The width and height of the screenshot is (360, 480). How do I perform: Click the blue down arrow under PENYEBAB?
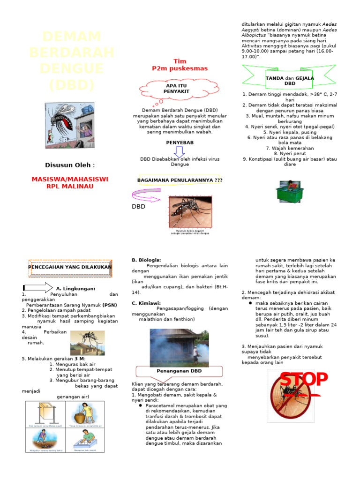coord(179,152)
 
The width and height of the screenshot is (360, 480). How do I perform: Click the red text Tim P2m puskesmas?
coord(180,65)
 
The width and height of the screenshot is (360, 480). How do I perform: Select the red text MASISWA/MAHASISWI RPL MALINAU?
coord(69,183)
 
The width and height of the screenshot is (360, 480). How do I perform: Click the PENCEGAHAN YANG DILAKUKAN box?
coord(70,267)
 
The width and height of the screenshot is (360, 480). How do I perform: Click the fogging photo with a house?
coord(179,347)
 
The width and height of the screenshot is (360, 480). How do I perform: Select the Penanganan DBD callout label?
coord(180,371)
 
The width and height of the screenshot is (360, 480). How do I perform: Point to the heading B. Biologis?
coord(146,260)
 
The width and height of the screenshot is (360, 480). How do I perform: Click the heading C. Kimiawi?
coord(146,303)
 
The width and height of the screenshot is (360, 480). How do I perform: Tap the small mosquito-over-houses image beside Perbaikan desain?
coord(87,343)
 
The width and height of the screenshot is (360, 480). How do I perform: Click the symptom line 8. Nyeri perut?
coord(290,153)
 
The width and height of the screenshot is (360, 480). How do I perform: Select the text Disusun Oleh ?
coord(69,165)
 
